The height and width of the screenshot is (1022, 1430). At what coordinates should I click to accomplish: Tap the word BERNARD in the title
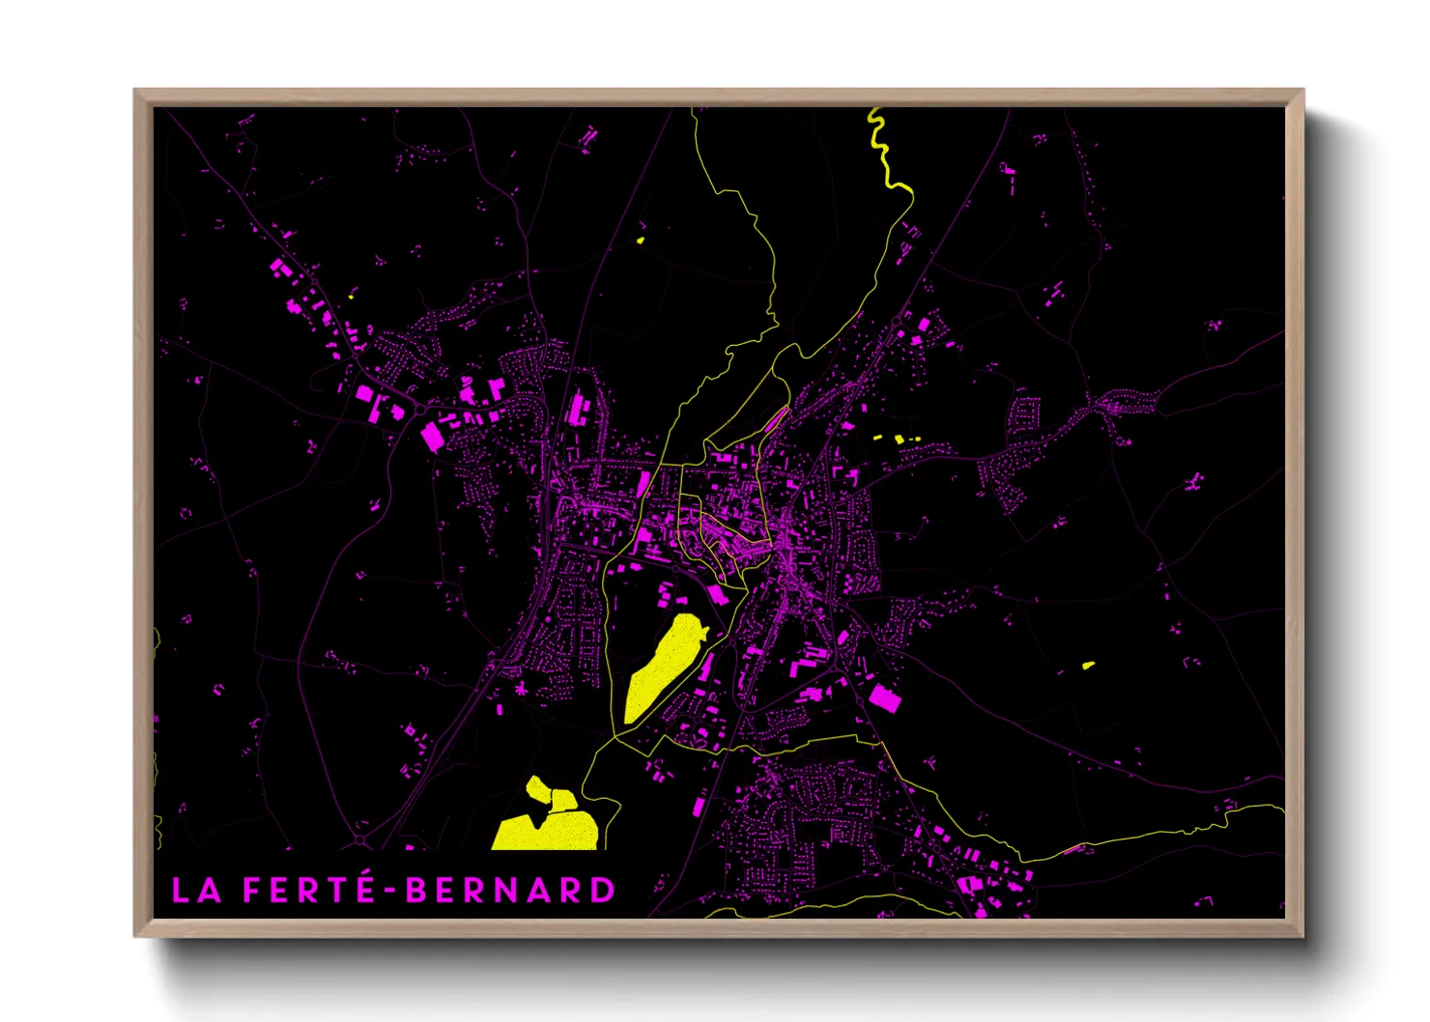(510, 891)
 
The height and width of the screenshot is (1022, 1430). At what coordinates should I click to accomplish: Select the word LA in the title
(196, 891)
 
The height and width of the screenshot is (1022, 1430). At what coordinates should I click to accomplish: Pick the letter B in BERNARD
(416, 891)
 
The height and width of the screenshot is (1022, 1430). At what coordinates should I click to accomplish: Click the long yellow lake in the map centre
(664, 667)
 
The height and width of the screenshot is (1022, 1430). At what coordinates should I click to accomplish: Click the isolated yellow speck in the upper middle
(641, 240)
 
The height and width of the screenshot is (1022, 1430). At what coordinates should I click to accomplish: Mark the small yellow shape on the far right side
(1088, 665)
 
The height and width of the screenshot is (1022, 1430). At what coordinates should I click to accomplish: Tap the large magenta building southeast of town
(884, 696)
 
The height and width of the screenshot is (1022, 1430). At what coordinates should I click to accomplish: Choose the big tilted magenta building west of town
(431, 437)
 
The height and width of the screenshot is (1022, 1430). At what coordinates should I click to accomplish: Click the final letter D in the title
(603, 891)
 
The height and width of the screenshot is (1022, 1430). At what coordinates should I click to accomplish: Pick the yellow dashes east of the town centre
(898, 440)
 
